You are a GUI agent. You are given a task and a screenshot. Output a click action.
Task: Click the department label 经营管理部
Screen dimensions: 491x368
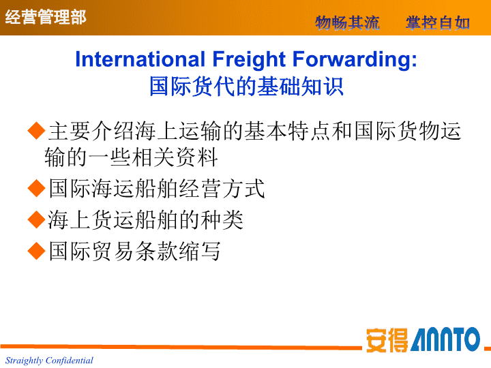pos(46,16)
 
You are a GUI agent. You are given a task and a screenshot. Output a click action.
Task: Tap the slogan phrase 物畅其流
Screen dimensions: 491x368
pos(347,23)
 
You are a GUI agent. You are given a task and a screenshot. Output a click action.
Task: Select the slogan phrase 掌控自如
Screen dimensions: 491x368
pos(438,23)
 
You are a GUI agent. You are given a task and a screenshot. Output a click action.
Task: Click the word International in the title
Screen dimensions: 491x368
pos(140,59)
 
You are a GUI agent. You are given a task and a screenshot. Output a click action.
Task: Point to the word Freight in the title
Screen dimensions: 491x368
pos(249,59)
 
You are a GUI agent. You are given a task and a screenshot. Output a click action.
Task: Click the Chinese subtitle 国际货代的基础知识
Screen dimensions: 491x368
pos(246,86)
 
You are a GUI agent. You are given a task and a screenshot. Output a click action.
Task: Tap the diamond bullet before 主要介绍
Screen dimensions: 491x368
pos(37,130)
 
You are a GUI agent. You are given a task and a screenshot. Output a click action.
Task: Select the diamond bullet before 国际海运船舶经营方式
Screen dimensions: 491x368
pos(37,188)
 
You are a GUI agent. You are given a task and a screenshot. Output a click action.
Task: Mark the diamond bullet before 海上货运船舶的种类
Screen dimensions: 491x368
pos(37,219)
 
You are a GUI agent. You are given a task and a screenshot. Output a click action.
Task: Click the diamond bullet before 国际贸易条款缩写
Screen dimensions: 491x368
pos(37,251)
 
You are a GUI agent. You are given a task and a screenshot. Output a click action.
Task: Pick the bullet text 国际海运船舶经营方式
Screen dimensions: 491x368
pos(157,188)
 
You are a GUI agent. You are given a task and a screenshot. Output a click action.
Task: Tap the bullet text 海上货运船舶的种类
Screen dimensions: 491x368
pos(146,219)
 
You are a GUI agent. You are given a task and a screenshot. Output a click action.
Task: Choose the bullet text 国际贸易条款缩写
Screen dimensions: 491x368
pos(134,251)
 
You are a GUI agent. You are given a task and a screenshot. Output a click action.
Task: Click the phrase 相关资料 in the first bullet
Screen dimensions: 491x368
pos(175,157)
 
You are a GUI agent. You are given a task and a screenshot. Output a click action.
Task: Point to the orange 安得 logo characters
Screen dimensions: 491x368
pos(387,340)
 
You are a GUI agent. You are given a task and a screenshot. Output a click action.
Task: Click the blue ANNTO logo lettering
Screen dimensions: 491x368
pos(445,339)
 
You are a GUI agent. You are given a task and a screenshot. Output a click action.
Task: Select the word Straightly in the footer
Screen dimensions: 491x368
pos(24,361)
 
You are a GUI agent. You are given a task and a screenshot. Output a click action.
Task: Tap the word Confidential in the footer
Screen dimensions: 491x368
pos(69,361)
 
